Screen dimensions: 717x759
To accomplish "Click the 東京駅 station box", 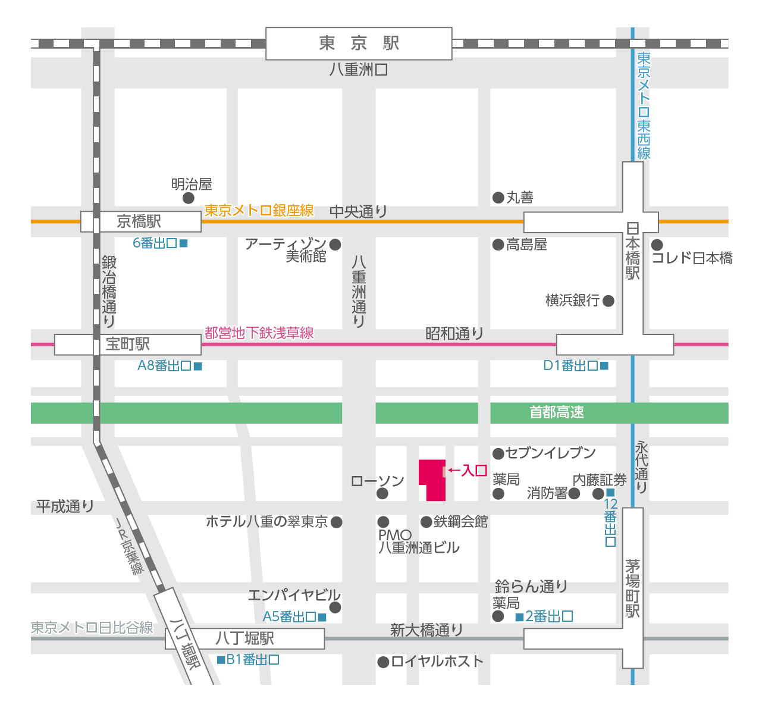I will [x=359, y=43].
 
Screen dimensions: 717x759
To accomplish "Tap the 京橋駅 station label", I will [x=139, y=222].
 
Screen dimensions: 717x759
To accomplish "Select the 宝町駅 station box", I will [x=128, y=345].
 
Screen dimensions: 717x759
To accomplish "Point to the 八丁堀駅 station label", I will [x=245, y=638].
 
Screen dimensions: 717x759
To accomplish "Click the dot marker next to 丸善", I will [x=498, y=198].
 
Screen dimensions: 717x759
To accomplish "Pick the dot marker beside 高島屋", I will [x=498, y=245].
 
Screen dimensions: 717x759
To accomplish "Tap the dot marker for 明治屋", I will [x=189, y=198].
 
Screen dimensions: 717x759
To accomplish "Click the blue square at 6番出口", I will [x=184, y=243].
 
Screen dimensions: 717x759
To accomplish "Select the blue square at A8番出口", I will [x=198, y=367].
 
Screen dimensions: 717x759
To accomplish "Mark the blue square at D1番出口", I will [x=604, y=366].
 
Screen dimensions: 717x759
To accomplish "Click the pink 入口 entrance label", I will [x=474, y=471].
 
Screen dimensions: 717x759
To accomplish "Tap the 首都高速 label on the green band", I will [x=557, y=412].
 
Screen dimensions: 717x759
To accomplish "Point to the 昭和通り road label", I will [x=454, y=334].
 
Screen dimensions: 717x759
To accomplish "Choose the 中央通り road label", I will [x=358, y=212].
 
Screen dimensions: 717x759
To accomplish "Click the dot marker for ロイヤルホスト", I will [x=384, y=662].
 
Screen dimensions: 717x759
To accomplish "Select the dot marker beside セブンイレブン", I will [x=498, y=454].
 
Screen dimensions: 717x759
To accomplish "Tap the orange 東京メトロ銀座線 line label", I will [x=259, y=211].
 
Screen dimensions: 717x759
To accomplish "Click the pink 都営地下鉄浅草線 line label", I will [x=259, y=333].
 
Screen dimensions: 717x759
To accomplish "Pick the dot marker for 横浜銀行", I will [x=609, y=301].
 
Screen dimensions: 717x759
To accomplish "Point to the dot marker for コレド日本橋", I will [x=657, y=245].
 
